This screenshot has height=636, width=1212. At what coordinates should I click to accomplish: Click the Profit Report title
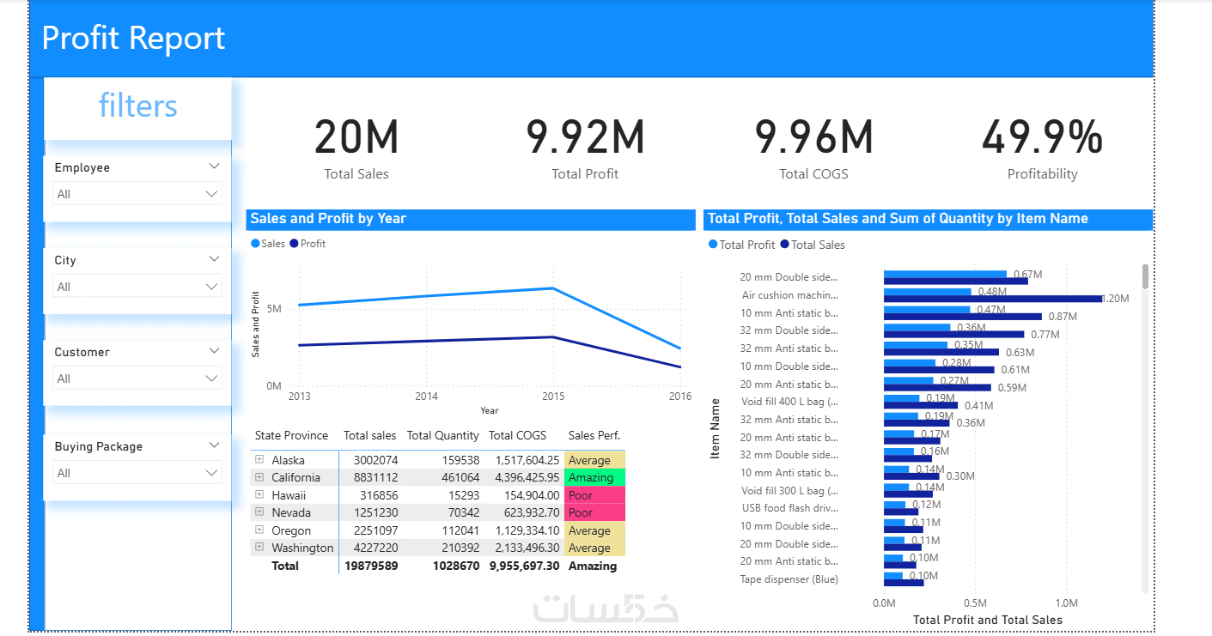click(133, 39)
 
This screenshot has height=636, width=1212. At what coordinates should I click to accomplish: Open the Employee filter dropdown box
click(137, 194)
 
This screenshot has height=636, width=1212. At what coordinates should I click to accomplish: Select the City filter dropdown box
click(137, 287)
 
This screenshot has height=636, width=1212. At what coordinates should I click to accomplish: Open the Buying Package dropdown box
click(137, 473)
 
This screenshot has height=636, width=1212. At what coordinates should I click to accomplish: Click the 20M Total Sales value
click(356, 137)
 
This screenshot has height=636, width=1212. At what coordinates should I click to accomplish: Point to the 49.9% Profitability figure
click(1042, 137)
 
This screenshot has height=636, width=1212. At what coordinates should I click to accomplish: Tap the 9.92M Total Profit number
click(585, 137)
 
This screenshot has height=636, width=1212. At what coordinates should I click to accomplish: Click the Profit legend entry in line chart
click(308, 244)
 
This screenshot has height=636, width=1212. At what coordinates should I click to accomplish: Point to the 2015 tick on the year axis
click(552, 397)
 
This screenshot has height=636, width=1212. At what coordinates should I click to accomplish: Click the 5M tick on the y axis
click(274, 308)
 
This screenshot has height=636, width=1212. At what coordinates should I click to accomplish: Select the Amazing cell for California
click(594, 477)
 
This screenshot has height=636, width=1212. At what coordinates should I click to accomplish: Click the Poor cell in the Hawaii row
click(594, 495)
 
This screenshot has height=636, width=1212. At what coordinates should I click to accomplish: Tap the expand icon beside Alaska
click(259, 460)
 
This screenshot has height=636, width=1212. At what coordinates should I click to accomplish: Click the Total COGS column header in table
click(517, 435)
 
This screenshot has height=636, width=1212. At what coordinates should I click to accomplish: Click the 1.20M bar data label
click(1116, 299)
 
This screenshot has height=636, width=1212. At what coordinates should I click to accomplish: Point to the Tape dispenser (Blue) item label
click(789, 579)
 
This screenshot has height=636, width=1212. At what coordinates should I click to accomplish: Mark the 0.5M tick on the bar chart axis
click(975, 603)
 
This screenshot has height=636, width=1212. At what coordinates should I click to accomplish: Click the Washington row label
click(302, 548)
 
